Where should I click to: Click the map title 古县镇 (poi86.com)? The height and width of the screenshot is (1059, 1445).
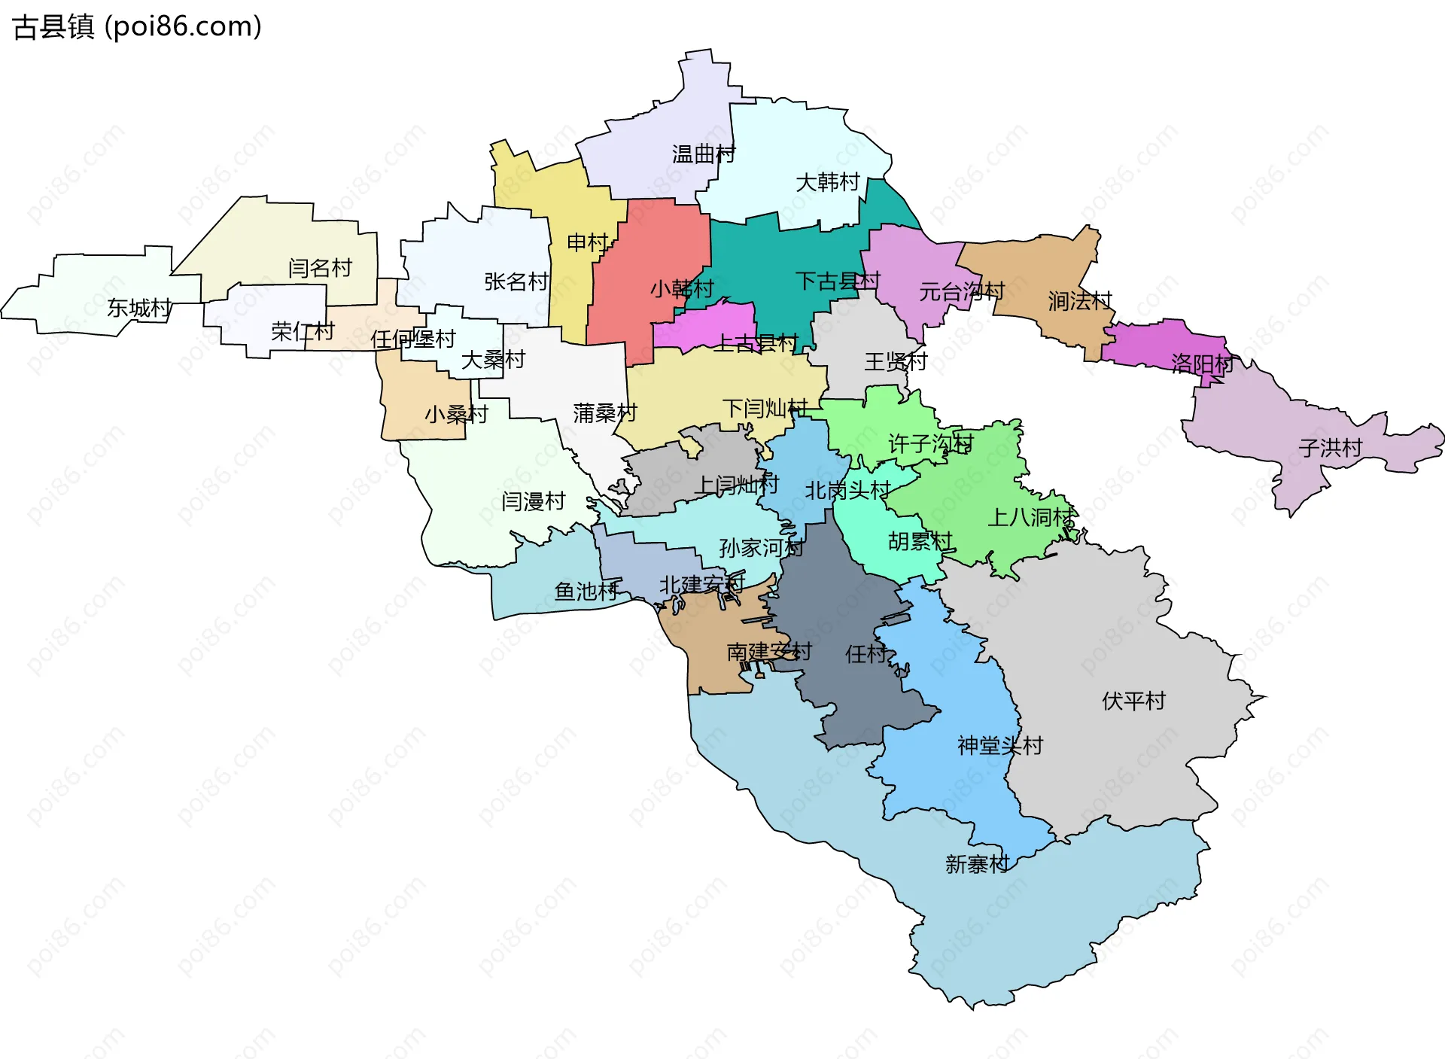coord(137,26)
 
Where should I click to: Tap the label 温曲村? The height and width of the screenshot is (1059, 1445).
coord(703,154)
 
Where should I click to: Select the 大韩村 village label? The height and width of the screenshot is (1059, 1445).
coord(827,182)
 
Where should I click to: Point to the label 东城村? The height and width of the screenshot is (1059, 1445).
coord(139,308)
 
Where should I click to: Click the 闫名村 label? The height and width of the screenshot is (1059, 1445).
coord(320,268)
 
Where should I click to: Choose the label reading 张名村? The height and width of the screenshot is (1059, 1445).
coord(516,281)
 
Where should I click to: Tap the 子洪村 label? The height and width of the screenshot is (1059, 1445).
coord(1330,449)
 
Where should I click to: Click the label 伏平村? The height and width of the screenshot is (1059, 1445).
coord(1133,701)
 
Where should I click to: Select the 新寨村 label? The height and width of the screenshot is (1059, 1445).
coord(977,864)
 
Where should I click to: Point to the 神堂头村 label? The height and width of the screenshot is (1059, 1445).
coord(1000,746)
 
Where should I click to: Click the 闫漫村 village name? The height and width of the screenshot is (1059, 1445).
coord(534,501)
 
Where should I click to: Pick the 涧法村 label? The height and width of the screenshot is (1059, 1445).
coord(1080,301)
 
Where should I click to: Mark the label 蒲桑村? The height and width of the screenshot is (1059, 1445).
coord(605,413)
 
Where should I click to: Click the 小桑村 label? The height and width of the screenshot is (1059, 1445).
coord(456,415)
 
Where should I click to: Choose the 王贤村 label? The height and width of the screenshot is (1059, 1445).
coord(896,362)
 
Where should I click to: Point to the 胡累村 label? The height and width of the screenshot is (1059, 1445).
coord(920,541)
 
